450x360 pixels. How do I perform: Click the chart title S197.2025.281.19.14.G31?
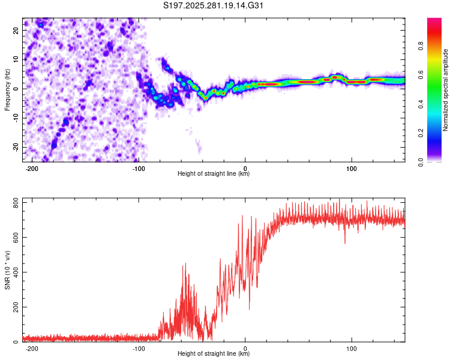pos(214,6)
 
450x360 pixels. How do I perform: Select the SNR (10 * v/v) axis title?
pos(7,271)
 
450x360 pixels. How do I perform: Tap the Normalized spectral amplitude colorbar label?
pos(446,90)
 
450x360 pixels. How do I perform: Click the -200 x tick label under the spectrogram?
pos(32,168)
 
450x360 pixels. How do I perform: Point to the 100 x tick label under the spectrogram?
pos(352,168)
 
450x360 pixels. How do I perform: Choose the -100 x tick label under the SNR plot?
pos(139,348)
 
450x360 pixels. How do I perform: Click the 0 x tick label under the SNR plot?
pos(245,348)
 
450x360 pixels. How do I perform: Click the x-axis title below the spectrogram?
pos(214,174)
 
